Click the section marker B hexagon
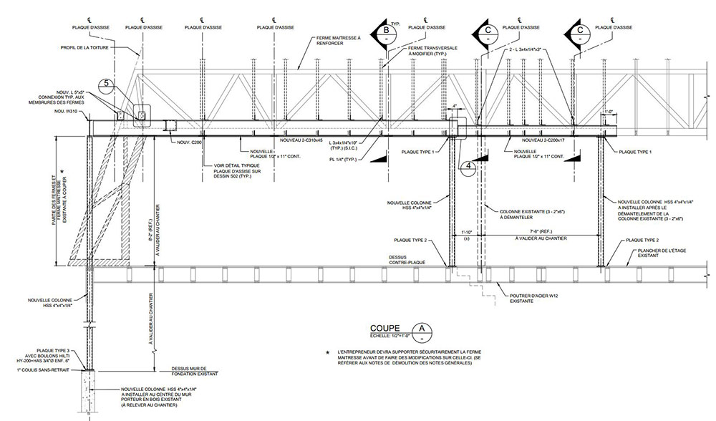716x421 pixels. coord(386,31)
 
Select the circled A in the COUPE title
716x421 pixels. coord(424,329)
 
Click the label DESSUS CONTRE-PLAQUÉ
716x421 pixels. coord(408,259)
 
